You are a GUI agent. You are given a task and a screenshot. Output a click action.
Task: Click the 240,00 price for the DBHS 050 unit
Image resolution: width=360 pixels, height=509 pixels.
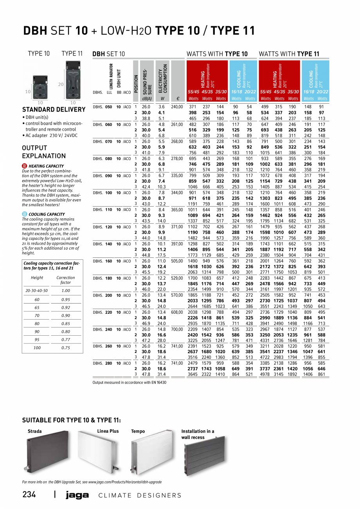177,107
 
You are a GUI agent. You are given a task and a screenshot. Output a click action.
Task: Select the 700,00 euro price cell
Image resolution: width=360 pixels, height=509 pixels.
177,329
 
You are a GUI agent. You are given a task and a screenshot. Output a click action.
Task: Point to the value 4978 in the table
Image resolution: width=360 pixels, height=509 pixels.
266,374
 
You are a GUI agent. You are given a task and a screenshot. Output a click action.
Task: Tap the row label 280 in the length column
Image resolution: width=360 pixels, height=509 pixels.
108,363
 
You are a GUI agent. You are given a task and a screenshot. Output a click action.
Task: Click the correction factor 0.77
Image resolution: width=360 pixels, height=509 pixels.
66,340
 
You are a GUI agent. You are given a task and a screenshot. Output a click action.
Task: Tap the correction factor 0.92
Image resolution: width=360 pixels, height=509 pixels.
66,308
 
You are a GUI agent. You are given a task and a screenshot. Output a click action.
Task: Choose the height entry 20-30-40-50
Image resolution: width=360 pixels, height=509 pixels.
37,291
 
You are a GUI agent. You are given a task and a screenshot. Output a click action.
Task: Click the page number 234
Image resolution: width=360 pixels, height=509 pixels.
29,495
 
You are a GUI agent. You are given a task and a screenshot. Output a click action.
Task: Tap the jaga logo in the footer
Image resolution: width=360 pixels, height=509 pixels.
77,495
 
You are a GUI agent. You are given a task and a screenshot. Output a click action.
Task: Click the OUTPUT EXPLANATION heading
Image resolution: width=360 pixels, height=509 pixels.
44,152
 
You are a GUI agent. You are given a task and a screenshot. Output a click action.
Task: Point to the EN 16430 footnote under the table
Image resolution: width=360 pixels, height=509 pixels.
129,382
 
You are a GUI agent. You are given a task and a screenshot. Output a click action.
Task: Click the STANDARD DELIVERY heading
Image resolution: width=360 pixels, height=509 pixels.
54,110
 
